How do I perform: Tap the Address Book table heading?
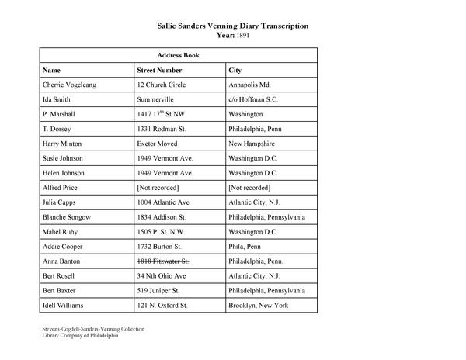178,56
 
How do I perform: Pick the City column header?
235,70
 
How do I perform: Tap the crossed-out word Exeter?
145,144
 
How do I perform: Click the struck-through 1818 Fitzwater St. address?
163,261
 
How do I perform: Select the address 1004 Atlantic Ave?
163,202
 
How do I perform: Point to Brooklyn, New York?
259,306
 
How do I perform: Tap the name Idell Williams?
67,306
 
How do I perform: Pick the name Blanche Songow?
67,217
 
